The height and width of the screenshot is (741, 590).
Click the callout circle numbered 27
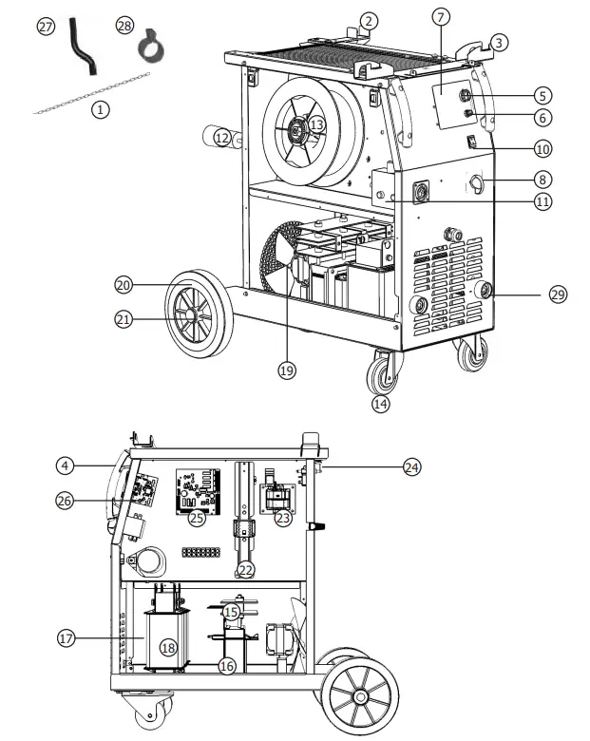point(46,27)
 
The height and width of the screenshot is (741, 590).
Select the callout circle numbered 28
point(124,25)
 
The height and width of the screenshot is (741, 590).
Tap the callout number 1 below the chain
point(100,109)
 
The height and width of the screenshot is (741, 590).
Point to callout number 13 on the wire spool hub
point(316,123)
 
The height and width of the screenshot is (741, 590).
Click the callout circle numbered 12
point(221,138)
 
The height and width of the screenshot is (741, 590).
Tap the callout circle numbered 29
point(558,295)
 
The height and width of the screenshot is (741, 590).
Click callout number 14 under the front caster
point(381,403)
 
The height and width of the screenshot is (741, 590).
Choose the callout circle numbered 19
point(287,370)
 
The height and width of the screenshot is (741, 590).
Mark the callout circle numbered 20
point(123,284)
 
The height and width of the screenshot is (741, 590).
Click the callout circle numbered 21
point(123,320)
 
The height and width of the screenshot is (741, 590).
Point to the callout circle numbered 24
point(410,466)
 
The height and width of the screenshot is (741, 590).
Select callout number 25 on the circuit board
point(197,518)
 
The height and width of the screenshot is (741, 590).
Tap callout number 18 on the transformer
point(168,647)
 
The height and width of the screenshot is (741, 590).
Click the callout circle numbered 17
point(66,639)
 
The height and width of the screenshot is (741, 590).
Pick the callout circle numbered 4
point(64,465)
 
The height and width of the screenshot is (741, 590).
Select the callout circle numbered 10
point(542,148)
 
